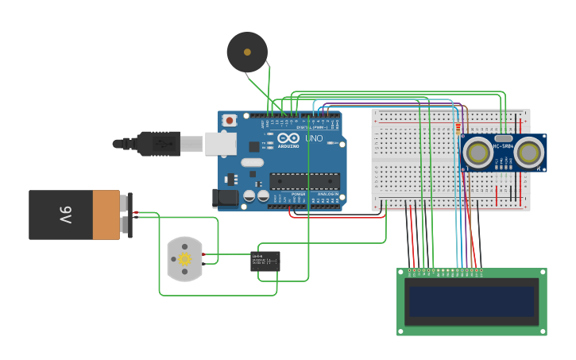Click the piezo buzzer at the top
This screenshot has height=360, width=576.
247,52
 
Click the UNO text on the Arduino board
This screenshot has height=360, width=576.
314,138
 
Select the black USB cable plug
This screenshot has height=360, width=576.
158,144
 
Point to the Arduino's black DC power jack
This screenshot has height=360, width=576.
226,198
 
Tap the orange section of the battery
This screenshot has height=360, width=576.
106,215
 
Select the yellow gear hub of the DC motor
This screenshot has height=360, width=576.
185,259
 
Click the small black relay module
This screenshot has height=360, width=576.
265,261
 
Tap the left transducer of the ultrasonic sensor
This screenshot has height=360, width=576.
479,153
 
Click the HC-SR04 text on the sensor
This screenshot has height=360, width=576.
504,146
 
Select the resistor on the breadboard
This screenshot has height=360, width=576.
458,127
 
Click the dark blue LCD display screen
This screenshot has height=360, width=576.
471,301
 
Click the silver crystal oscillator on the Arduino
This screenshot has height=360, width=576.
252,163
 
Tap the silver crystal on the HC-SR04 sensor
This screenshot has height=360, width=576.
504,138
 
